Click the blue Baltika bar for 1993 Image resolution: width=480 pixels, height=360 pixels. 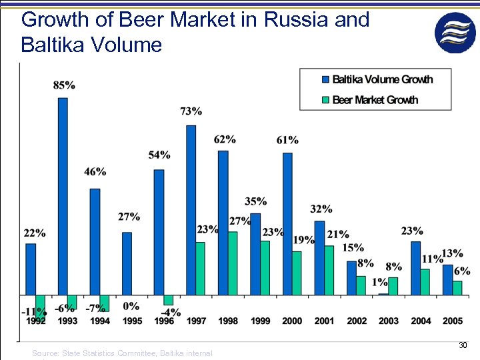pyautogui.click(x=63, y=196)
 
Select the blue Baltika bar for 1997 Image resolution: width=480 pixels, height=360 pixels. pyautogui.click(x=191, y=210)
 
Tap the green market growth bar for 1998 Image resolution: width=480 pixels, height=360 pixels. pyautogui.click(x=233, y=263)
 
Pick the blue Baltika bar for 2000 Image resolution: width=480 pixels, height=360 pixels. pyautogui.click(x=287, y=224)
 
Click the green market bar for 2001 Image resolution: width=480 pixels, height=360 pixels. pyautogui.click(x=329, y=270)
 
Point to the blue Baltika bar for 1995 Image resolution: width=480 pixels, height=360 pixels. pyautogui.click(x=127, y=263)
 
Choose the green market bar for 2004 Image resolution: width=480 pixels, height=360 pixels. pyautogui.click(x=425, y=281)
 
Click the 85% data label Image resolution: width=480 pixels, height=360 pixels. pyautogui.click(x=64, y=85)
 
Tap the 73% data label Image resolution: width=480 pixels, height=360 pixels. pyautogui.click(x=191, y=111)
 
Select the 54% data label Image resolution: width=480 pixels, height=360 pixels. pyautogui.click(x=159, y=155)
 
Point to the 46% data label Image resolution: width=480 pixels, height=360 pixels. pyautogui.click(x=95, y=172)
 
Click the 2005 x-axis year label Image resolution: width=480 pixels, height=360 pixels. pyautogui.click(x=453, y=321)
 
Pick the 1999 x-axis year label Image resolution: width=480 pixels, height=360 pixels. pyautogui.click(x=260, y=321)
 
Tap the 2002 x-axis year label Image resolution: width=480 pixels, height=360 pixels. pyautogui.click(x=357, y=321)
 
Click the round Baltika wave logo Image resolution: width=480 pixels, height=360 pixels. pyautogui.click(x=455, y=32)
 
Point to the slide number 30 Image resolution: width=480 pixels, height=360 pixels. pyautogui.click(x=463, y=345)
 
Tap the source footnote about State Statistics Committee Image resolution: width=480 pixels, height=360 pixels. pyautogui.click(x=122, y=353)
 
